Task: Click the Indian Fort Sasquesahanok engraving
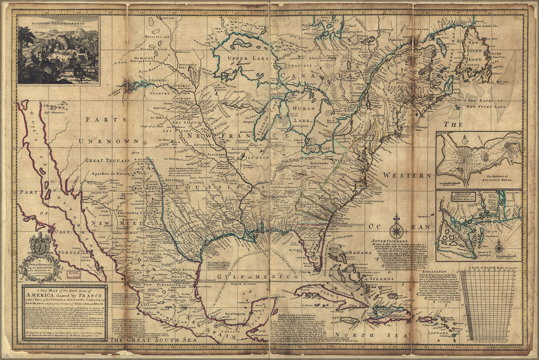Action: coord(58,50)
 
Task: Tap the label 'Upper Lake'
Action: coord(242,60)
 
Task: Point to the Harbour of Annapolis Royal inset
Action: coord(479,159)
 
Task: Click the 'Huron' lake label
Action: coord(303,109)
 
